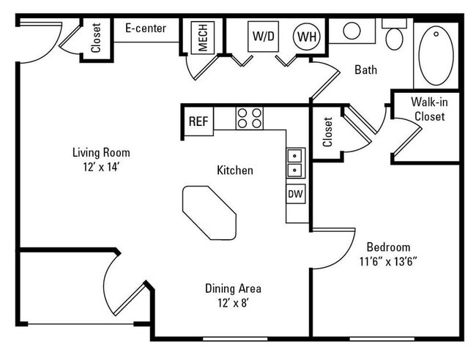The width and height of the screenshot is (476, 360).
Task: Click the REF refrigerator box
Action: tap(199, 121)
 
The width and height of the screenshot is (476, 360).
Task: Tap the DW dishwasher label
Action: tap(295, 193)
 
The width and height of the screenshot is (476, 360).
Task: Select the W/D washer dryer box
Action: tap(263, 37)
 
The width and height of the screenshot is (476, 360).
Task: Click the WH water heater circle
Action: tap(307, 37)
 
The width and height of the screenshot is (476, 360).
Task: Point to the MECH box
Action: tap(202, 37)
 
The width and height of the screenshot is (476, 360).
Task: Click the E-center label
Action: tap(146, 29)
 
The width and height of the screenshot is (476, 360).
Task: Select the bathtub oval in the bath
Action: tap(436, 56)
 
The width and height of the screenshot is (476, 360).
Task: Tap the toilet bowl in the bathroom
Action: tap(394, 39)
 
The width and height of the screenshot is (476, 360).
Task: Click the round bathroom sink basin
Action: tap(352, 31)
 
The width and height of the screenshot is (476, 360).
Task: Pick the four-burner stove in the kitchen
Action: tap(250, 119)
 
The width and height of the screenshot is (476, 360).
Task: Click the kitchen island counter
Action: tap(209, 213)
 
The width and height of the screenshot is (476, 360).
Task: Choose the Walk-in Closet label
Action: tap(429, 109)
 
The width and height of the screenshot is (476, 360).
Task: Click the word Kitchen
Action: tap(235, 170)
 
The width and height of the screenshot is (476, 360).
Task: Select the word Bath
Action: tap(366, 70)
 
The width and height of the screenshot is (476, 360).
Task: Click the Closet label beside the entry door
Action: tap(96, 38)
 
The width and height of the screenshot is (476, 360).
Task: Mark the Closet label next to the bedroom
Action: tap(328, 132)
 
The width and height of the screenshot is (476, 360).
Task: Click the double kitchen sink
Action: tap(295, 163)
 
